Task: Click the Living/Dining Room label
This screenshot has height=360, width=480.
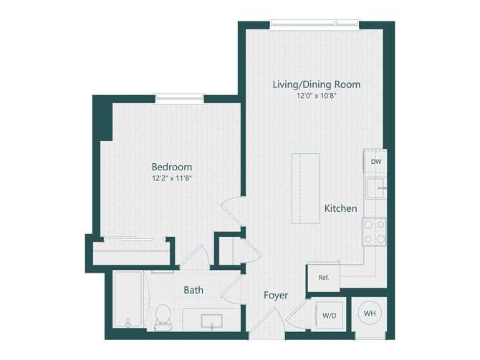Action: tap(316, 84)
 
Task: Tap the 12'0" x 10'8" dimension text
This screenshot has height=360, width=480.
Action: tap(316, 96)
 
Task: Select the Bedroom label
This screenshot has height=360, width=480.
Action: tap(171, 167)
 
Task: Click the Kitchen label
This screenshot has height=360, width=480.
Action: tap(340, 209)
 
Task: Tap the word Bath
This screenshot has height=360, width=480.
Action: tap(193, 291)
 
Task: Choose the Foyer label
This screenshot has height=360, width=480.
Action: tap(276, 295)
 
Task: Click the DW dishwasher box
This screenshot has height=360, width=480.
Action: tap(376, 162)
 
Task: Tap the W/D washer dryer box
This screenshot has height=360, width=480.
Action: tap(330, 315)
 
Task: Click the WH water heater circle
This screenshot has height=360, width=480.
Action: tap(370, 313)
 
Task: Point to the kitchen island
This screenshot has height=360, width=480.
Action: tap(304, 188)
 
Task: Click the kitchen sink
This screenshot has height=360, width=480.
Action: tap(375, 189)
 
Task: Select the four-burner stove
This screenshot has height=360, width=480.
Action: tap(375, 231)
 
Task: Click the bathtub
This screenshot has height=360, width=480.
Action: tap(130, 301)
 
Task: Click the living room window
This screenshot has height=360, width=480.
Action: tap(315, 24)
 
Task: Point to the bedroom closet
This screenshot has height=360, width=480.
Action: tap(131, 253)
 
